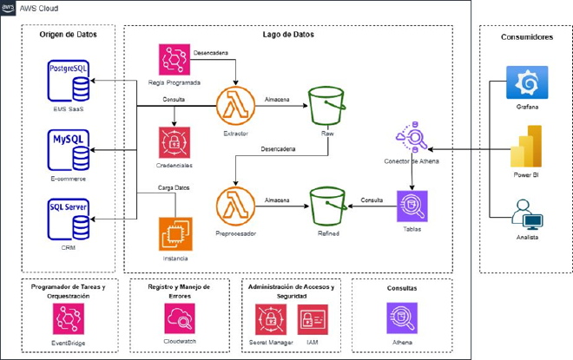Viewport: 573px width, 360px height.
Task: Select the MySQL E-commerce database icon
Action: tap(70, 149)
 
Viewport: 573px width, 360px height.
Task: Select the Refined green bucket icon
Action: tap(326, 206)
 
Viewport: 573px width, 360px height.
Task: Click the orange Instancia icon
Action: tap(175, 234)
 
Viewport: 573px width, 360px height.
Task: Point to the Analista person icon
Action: tap(527, 216)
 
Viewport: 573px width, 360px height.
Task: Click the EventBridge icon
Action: tap(68, 320)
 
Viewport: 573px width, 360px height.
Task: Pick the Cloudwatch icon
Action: tap(181, 319)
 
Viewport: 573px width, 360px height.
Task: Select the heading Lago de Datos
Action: tap(287, 35)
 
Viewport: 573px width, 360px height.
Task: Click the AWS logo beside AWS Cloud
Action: tap(10, 7)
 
